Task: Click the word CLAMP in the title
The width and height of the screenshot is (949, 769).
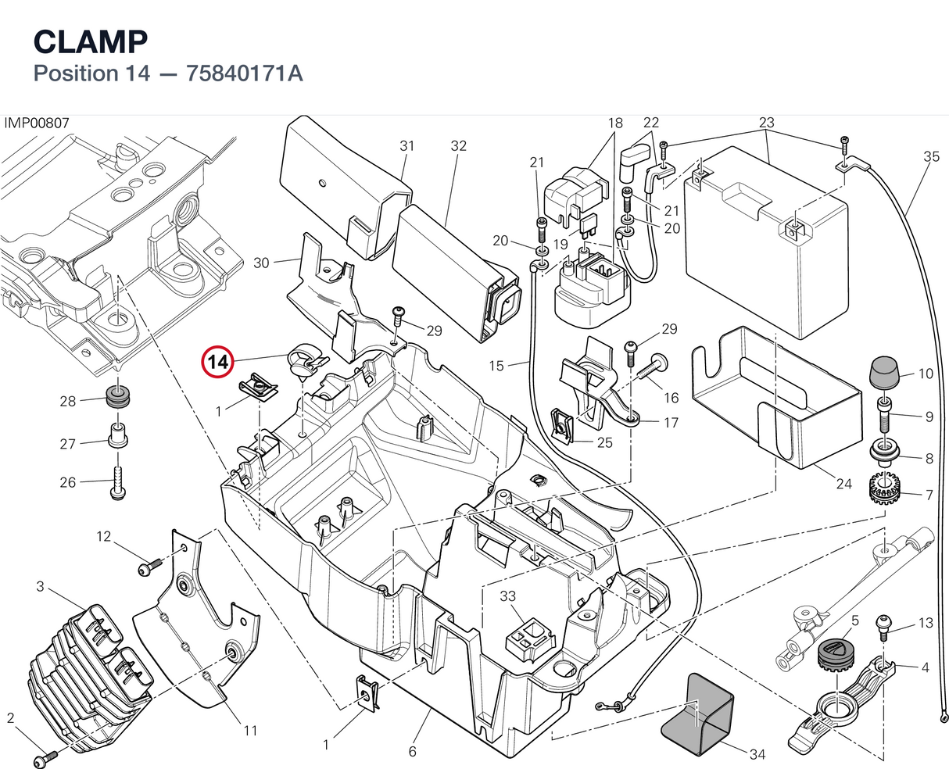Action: tap(91, 42)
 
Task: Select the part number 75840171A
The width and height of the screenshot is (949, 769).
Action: tap(244, 73)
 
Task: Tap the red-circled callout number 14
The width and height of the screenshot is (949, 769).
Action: tap(217, 362)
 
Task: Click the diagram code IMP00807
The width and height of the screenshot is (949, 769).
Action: tap(37, 123)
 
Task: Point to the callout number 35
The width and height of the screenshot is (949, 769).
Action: tap(931, 157)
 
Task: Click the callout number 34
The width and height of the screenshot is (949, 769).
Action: tap(757, 754)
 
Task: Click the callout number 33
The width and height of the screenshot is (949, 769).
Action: tap(507, 596)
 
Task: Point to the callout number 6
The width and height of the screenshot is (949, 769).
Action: tap(413, 752)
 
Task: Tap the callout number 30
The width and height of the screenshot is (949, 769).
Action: tap(262, 263)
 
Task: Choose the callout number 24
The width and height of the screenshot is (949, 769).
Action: tap(843, 484)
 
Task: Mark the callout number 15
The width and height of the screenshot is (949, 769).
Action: tap(496, 366)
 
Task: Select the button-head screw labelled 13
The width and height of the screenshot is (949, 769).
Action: tap(884, 628)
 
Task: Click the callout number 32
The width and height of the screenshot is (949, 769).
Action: tap(458, 145)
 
